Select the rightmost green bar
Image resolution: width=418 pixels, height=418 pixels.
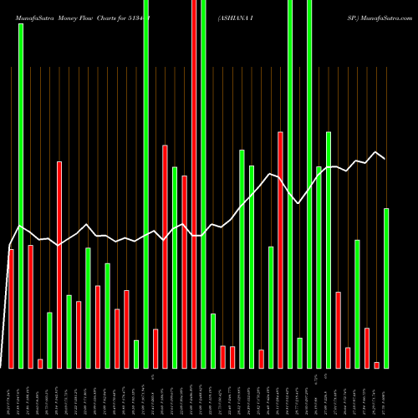tap(386, 288)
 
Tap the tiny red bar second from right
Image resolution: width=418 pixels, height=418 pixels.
tap(376, 364)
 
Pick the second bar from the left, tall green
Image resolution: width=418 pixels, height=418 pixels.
tap(21, 184)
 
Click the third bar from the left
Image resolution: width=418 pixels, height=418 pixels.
tap(31, 306)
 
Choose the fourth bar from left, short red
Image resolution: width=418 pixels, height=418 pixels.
tap(40, 363)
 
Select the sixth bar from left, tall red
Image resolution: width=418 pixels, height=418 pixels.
tap(59, 264)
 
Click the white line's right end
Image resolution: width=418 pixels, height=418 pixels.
tap(385, 158)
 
